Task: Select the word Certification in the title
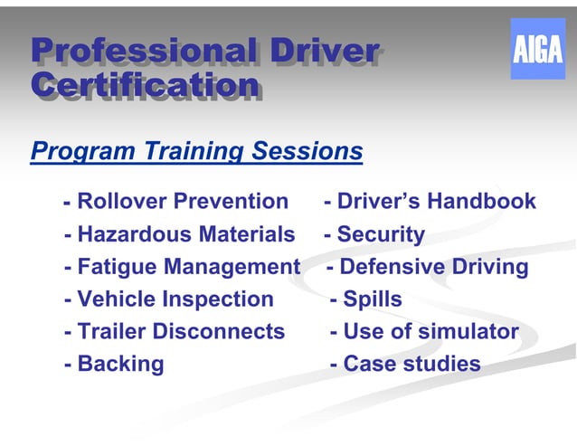point(145,85)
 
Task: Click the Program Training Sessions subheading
point(196,150)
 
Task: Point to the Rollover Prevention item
point(176,201)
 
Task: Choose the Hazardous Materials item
point(180,234)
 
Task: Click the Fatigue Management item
point(182,267)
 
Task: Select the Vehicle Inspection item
point(169,299)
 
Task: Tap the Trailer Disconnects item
point(175,331)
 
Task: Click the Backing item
point(115,364)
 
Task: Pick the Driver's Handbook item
point(430,201)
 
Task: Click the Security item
point(374,234)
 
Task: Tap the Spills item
point(366,299)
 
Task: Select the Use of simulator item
point(424,331)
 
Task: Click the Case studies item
point(405,364)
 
